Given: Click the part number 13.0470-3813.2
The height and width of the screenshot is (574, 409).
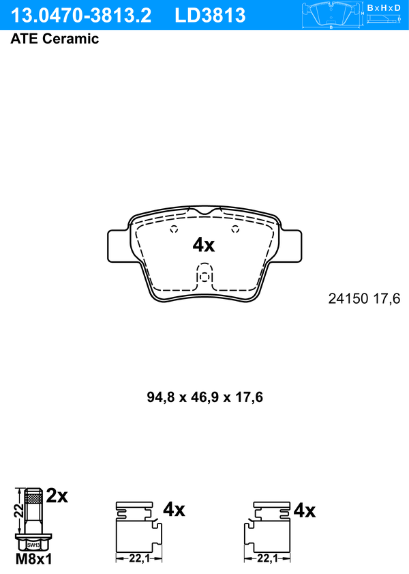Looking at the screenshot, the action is click(80, 16).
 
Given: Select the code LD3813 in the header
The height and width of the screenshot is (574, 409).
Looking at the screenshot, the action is click(210, 16).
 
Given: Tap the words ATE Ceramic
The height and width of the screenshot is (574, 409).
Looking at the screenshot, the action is click(55, 39).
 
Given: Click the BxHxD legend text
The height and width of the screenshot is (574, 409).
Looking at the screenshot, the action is click(384, 8).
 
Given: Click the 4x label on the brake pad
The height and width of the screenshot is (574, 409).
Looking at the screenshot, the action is click(204, 245).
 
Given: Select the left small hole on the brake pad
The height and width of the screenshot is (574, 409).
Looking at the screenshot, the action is click(175, 229).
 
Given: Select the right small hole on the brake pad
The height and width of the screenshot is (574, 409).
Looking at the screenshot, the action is click(235, 229).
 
